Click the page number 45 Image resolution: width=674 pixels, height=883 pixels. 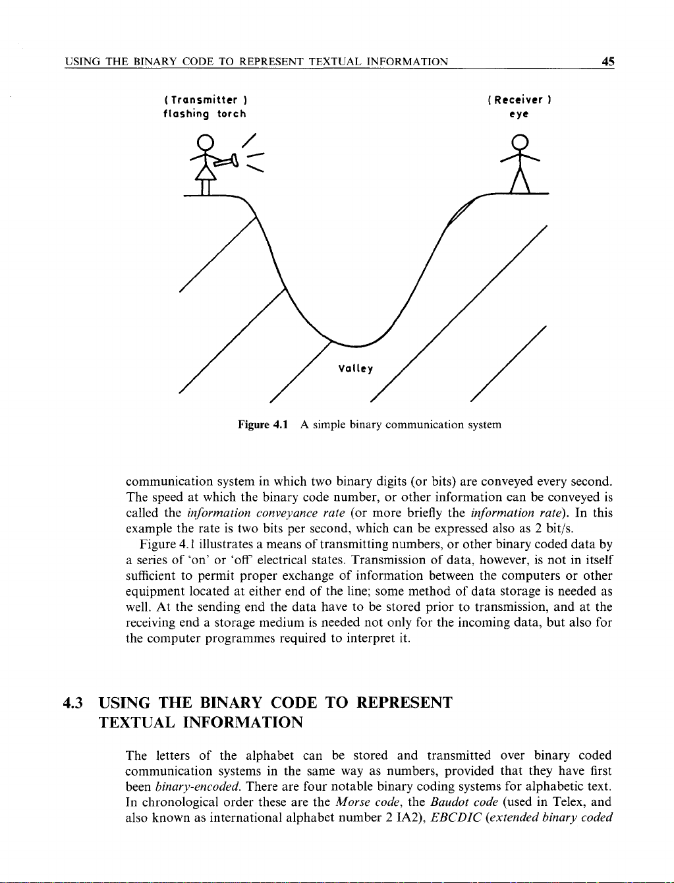pyautogui.click(x=607, y=62)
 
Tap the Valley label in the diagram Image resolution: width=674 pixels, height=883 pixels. pyautogui.click(x=355, y=369)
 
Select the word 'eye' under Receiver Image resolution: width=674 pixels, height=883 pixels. pyautogui.click(x=522, y=114)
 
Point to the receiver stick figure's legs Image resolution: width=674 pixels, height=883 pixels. pyautogui.click(x=521, y=179)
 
